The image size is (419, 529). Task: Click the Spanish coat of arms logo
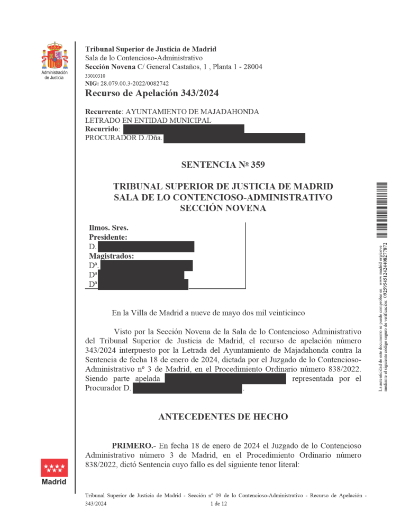[x=54, y=56]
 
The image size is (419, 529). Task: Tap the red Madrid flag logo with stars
[x=54, y=468]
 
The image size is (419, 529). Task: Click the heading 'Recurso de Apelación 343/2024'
[x=152, y=94]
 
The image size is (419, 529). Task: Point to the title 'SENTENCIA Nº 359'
[x=223, y=165]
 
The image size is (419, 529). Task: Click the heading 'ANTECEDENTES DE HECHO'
[x=223, y=417]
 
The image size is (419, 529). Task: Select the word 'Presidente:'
[x=108, y=238]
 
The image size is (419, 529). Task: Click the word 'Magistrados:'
[x=111, y=256]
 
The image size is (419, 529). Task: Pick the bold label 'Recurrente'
[x=103, y=112]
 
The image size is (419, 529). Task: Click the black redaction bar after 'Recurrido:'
[x=183, y=129]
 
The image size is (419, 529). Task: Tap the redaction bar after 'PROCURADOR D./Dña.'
[x=234, y=138]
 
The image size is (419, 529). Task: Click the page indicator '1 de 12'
[x=218, y=504]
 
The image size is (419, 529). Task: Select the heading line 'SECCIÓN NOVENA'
[x=223, y=208]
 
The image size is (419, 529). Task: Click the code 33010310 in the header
[x=95, y=76]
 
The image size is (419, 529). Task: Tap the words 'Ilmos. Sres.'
[x=108, y=228]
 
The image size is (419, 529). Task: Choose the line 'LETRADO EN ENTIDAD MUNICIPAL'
[x=148, y=121]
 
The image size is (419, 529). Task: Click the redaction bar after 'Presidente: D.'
[x=146, y=247]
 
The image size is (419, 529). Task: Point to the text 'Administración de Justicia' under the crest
[x=54, y=75]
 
